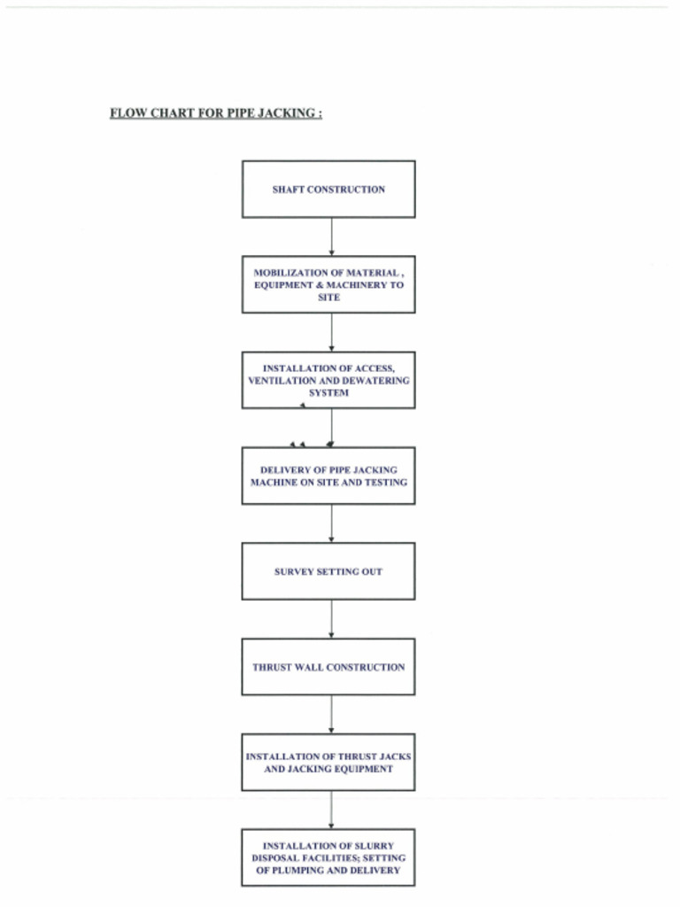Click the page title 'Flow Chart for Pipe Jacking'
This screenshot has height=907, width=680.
(215, 113)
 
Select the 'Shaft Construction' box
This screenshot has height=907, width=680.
(328, 190)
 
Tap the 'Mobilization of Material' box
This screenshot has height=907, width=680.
(328, 284)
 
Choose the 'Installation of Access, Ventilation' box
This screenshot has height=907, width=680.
(328, 380)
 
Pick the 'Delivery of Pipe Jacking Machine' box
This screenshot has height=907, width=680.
(328, 476)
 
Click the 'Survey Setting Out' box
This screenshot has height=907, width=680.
(328, 571)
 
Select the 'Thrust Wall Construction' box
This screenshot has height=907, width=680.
(328, 667)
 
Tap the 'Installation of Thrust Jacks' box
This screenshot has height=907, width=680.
(328, 762)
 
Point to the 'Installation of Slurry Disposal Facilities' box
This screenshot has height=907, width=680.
(328, 857)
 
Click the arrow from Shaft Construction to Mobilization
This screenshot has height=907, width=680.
(331, 236)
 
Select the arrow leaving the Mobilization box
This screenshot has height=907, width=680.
(331, 332)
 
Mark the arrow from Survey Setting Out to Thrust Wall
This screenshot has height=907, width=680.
(331, 619)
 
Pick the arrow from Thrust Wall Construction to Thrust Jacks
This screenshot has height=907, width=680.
(331, 714)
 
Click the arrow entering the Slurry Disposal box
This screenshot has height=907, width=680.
(331, 810)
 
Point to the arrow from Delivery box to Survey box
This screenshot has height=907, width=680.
(331, 523)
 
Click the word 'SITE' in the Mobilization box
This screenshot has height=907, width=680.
(328, 298)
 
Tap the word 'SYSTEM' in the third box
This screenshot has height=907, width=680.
(328, 392)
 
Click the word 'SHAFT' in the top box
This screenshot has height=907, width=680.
(288, 190)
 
